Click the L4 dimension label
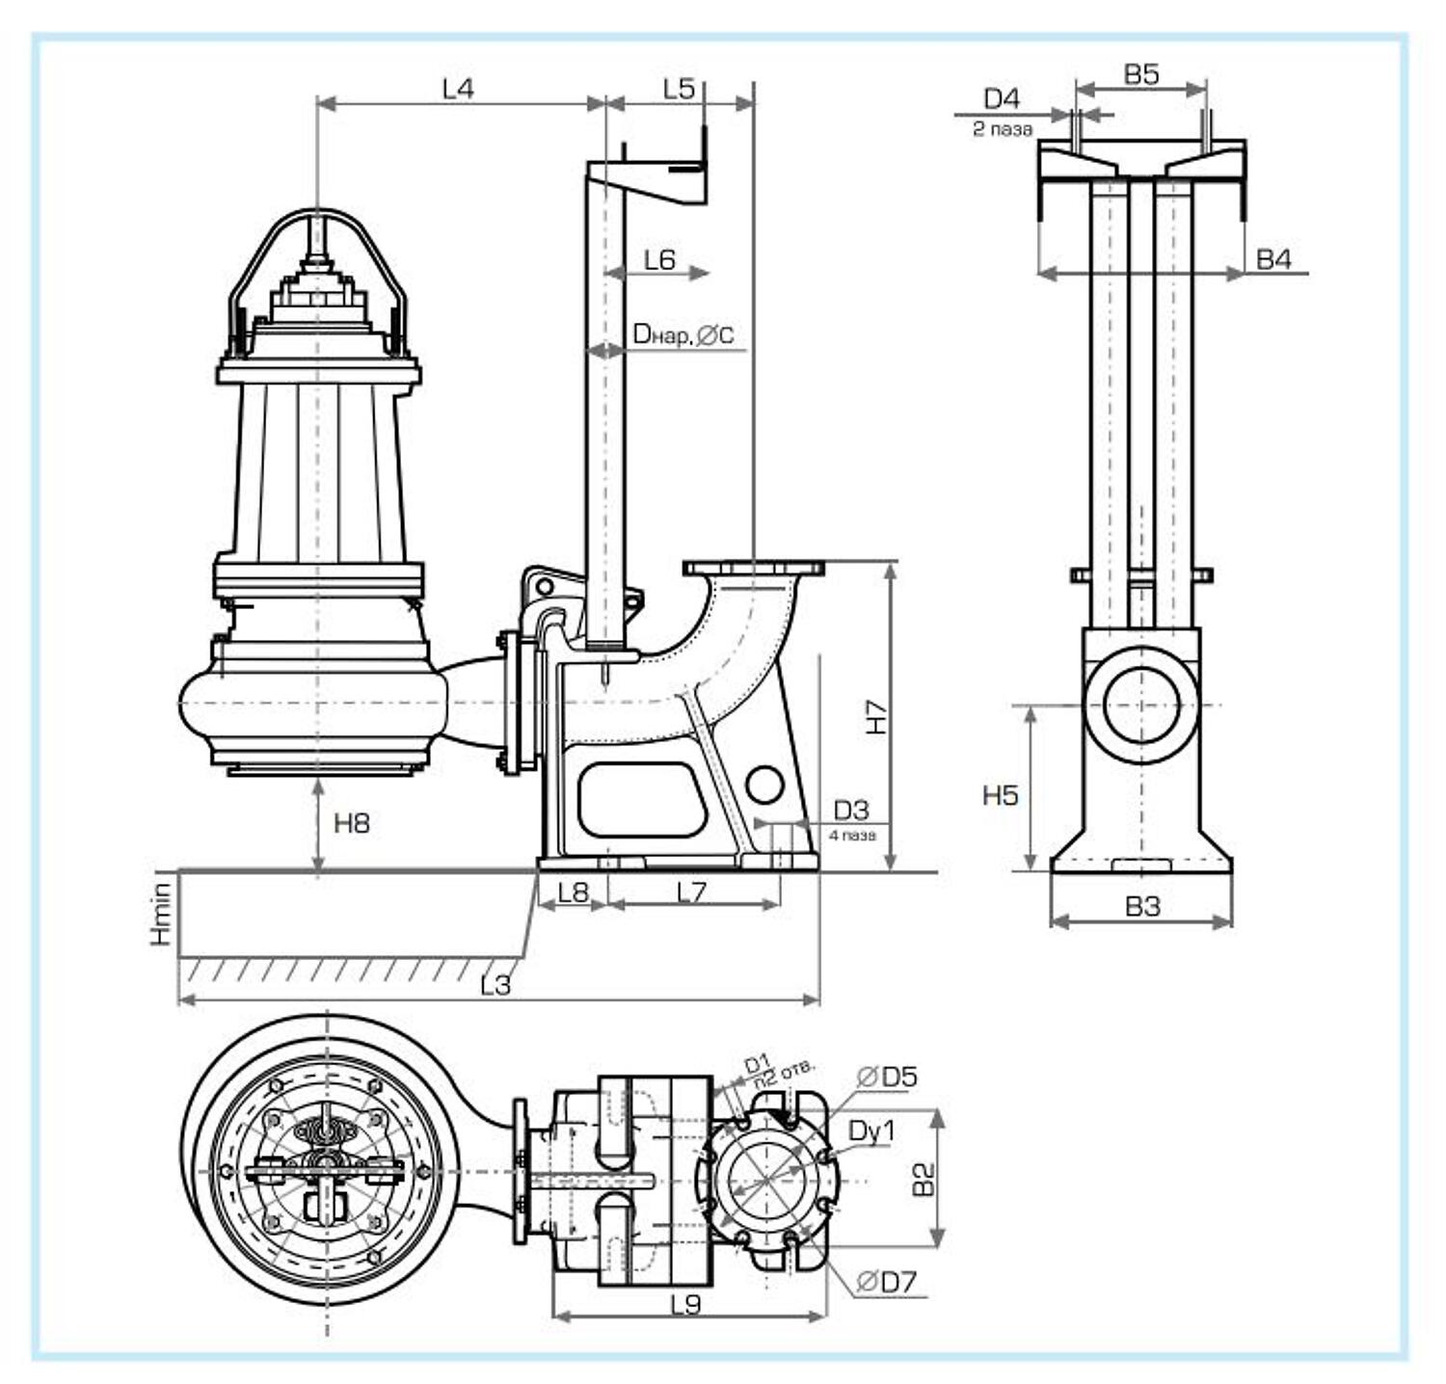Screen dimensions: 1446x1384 click(458, 89)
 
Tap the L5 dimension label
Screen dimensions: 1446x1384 click(679, 89)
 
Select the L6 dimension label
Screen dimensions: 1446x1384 click(659, 259)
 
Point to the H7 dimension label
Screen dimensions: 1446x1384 click(875, 716)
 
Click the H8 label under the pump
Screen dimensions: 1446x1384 click(351, 823)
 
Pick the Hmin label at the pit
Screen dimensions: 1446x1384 click(161, 913)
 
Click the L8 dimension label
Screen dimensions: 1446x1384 click(573, 892)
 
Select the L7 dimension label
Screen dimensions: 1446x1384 click(691, 892)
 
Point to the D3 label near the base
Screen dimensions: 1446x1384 click(850, 810)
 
